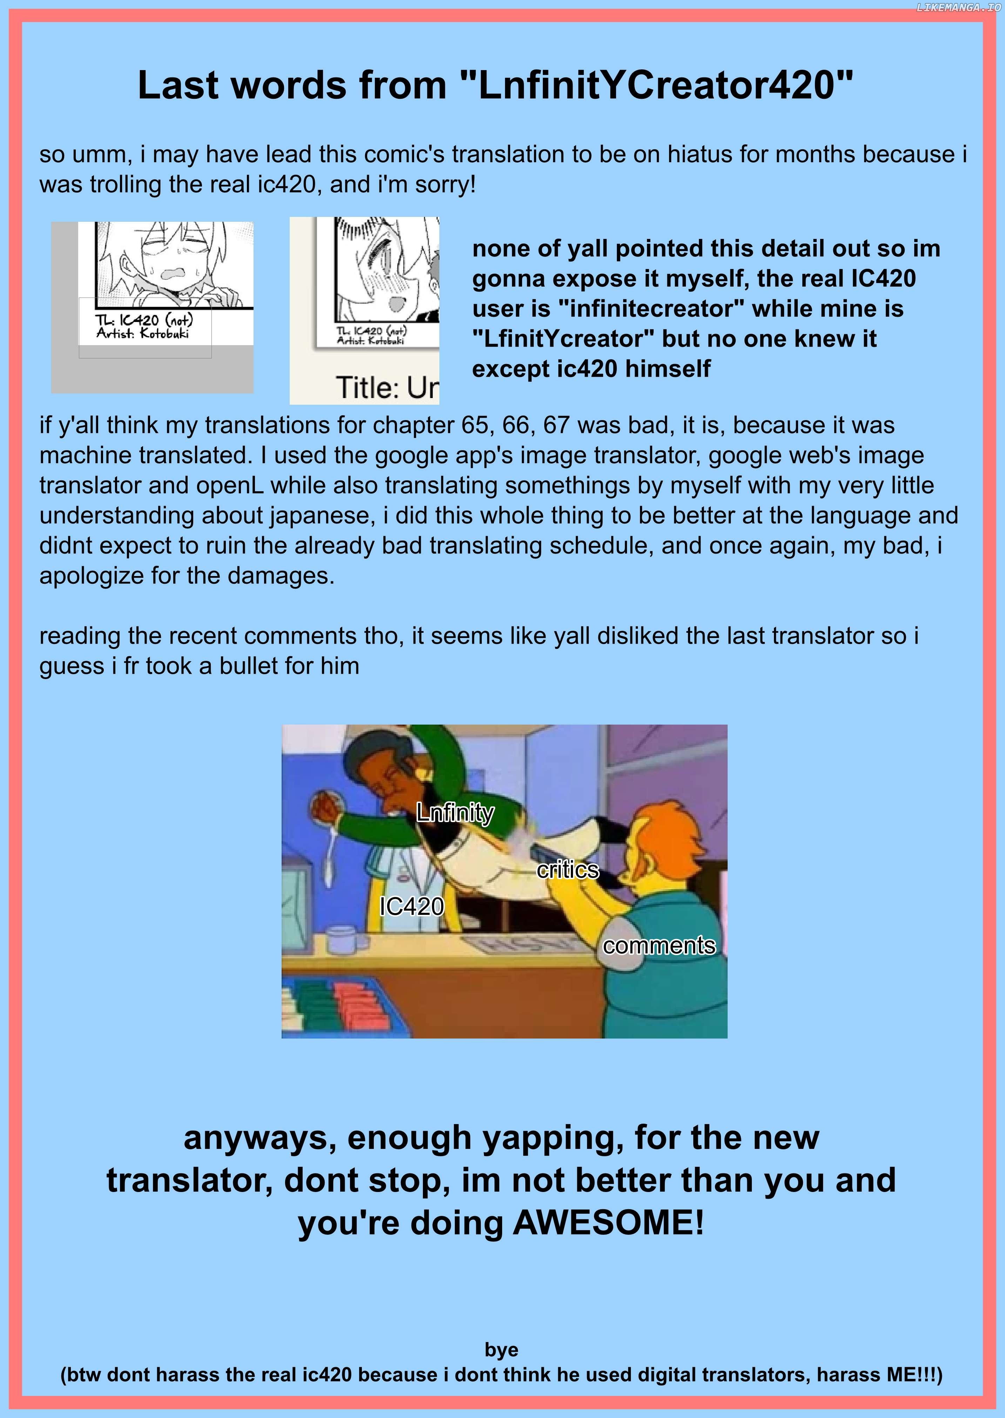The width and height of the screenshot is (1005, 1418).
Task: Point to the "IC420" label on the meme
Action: click(x=412, y=906)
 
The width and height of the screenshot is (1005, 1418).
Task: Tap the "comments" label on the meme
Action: click(x=659, y=946)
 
